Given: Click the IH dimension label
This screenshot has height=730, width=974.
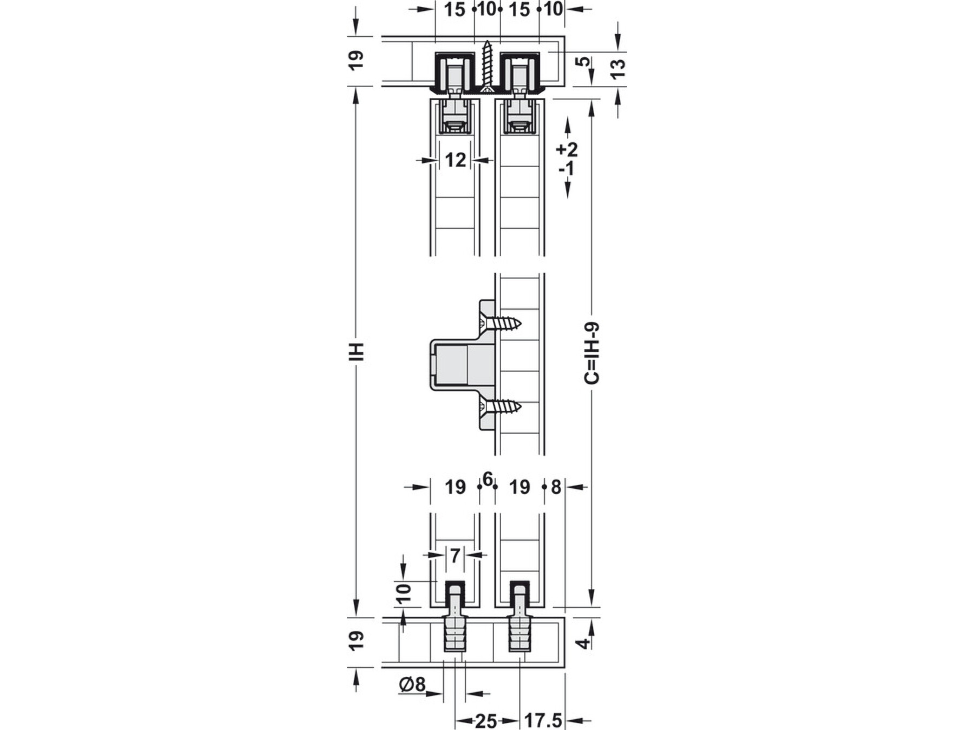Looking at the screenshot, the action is [x=357, y=351].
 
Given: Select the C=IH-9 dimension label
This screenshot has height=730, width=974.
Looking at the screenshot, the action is [x=593, y=353].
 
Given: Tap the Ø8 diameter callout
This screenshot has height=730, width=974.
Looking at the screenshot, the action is [x=412, y=685].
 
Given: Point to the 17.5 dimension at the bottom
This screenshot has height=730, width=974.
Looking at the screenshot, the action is [x=543, y=721].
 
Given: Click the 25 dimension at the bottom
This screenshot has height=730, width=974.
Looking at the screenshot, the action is [x=486, y=721].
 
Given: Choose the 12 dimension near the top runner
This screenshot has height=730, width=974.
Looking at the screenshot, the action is [x=455, y=160].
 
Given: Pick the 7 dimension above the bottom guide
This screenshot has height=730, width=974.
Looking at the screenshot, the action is [x=455, y=555].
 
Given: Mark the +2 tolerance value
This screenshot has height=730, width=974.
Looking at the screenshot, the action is [x=567, y=149].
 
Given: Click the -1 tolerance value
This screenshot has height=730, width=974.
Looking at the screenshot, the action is [x=567, y=169].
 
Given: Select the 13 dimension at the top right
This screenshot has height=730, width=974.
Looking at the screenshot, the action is [x=618, y=68].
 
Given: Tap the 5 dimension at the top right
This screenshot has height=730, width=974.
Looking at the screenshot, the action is [x=582, y=61].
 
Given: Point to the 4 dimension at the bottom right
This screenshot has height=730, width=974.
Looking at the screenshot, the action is [x=582, y=643].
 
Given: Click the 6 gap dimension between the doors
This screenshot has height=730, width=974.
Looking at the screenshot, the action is [x=488, y=479].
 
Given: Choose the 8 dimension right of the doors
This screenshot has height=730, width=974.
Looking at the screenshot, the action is [x=556, y=488].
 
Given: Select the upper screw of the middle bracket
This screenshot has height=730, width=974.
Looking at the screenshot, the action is [x=502, y=324].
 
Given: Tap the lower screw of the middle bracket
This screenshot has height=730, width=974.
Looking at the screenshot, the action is [x=502, y=406].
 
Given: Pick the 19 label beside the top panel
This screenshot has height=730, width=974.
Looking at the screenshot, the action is [x=357, y=60].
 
